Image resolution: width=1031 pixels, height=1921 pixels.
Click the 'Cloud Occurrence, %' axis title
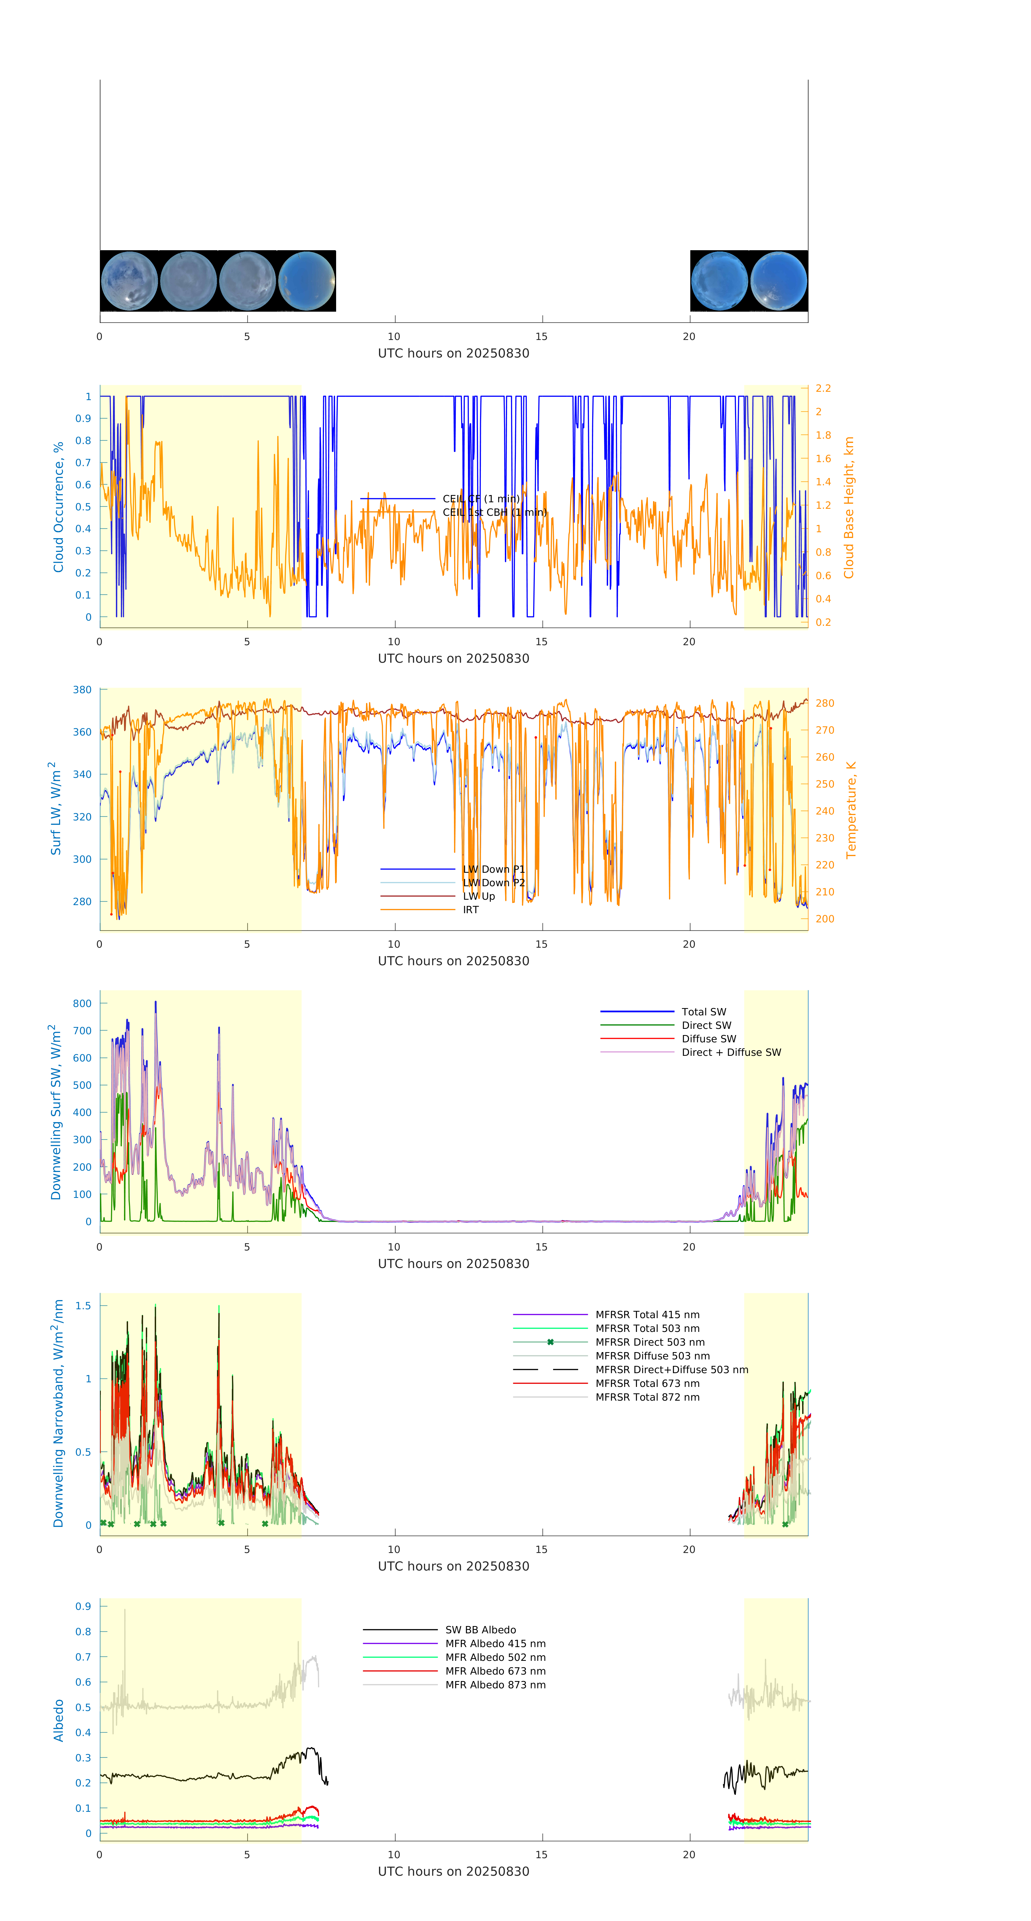coord(58,507)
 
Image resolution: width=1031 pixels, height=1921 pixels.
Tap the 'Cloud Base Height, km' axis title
coord(848,507)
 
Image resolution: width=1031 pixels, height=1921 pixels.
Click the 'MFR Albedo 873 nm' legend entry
coord(495,1685)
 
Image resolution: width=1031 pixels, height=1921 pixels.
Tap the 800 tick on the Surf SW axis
coord(82,1004)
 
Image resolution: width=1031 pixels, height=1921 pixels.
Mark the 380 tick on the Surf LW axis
coord(82,690)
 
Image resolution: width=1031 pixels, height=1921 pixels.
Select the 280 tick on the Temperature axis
coord(825,703)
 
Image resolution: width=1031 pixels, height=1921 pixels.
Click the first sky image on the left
coord(129,281)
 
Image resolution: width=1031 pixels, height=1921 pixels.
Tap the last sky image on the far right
coord(778,281)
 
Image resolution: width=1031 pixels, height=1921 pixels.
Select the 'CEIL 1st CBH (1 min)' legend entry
coord(494,512)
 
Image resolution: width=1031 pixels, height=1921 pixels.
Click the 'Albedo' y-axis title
coord(58,1720)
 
